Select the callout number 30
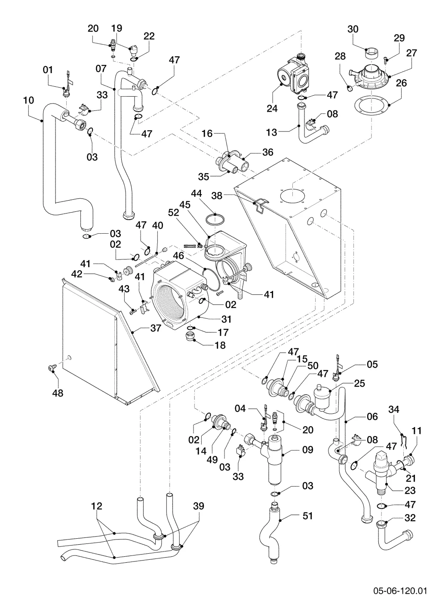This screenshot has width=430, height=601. tap(353, 29)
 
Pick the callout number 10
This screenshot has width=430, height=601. tap(28, 101)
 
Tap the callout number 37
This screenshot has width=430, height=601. tap(156, 328)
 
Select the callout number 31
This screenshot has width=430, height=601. tap(226, 319)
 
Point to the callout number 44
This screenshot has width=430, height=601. tap(197, 193)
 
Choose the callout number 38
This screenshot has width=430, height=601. tap(217, 196)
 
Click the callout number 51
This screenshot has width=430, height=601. tap(307, 516)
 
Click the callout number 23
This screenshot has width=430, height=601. tap(410, 491)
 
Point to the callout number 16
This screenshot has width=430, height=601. tap(207, 134)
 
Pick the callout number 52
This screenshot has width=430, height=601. tap(173, 213)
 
